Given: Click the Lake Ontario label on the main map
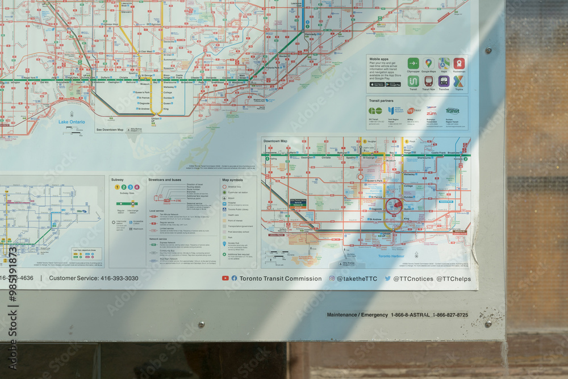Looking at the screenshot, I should point(72,122).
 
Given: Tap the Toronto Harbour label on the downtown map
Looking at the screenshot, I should point(392,256).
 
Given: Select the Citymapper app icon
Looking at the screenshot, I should point(413,64).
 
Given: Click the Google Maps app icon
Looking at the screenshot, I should point(428,64).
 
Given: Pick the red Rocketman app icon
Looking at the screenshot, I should point(459,64).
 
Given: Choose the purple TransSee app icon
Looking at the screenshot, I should point(444,81).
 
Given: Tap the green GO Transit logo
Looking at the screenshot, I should point(375,111).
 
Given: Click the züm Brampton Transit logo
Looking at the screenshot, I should point(432,111).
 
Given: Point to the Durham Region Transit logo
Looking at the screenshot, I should point(452,111).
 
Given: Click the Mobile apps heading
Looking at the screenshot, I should point(379,59).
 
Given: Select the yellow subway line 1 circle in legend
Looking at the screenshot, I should point(117,187).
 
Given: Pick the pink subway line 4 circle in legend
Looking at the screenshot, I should point(136,187).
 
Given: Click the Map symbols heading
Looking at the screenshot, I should point(233,180).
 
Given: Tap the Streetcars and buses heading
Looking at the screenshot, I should point(165,180).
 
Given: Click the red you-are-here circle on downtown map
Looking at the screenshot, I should point(394,206).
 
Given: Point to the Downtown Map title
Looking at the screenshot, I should point(275,141).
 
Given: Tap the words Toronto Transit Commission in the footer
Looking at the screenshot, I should point(281,278).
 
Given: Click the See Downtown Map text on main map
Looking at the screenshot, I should point(110,130).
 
